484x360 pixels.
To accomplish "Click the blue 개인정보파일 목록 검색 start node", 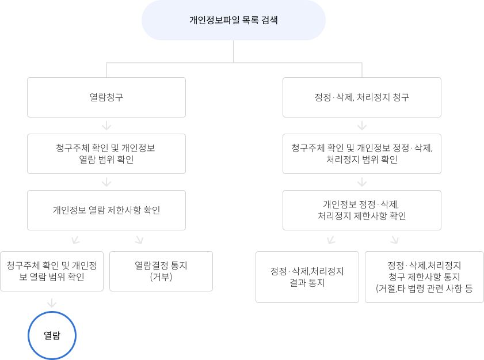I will click(x=233, y=20).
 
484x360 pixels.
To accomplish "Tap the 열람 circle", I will click(x=52, y=335).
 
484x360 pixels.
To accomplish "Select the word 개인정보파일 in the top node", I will click(x=210, y=20).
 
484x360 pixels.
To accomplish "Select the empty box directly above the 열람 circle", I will click(x=52, y=271).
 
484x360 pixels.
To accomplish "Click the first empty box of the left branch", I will click(x=106, y=97).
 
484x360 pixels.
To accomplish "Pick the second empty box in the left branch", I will click(x=106, y=154).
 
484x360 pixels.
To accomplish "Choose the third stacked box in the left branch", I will click(x=106, y=210).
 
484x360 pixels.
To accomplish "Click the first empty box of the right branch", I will click(x=362, y=97).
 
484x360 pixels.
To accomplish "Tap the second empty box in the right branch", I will click(x=362, y=154).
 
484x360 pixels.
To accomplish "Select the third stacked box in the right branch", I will click(x=362, y=210).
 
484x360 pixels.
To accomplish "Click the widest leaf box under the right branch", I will click(x=424, y=277).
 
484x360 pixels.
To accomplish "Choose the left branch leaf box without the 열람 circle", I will click(x=161, y=271).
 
